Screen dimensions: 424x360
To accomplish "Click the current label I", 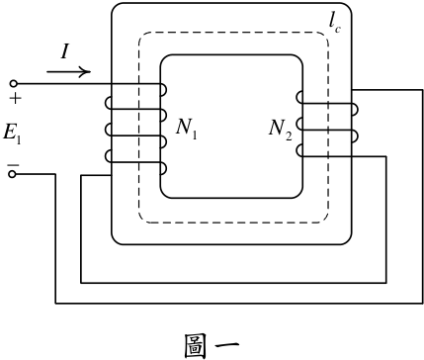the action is tap(65, 51).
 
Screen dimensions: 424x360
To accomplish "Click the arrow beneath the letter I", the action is tap(68, 71).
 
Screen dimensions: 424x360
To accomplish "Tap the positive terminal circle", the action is tap(14, 84).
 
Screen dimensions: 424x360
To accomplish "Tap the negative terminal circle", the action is tap(12, 174).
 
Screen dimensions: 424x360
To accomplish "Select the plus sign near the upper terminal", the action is tap(15, 98).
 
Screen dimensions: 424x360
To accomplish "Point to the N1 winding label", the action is tap(187, 128).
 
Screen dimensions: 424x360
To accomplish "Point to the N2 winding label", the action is tap(280, 130).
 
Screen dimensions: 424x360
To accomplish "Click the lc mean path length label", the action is tap(334, 22).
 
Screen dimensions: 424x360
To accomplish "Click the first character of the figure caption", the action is tap(196, 346).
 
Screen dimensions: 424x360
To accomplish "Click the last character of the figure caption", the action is tap(227, 346).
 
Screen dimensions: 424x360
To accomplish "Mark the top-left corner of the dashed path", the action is tap(141, 35).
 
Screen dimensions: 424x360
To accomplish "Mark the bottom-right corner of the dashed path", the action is tap(325, 220).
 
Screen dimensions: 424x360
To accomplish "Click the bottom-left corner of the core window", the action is tap(163, 195).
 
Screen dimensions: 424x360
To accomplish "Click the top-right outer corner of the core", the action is tap(349, 7).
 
